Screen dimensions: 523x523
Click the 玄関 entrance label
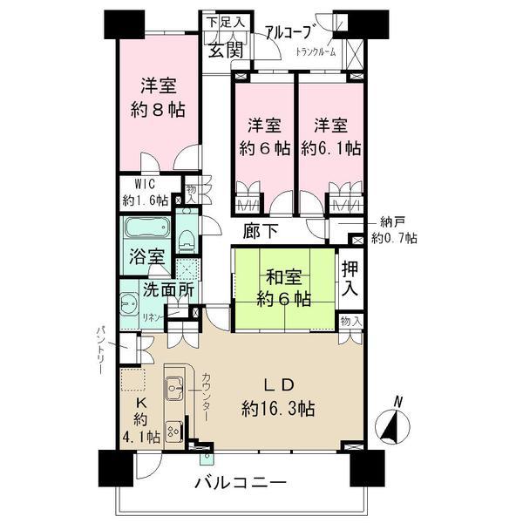[225, 50]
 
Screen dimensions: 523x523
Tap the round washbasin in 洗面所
[129, 305]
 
